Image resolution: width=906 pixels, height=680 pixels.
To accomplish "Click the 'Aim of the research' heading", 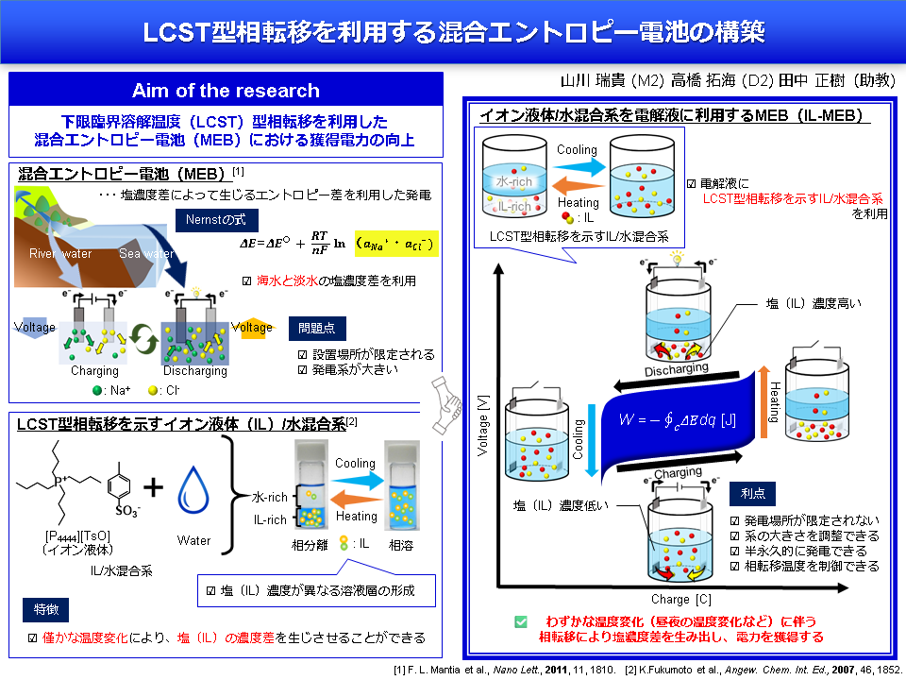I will tap(226, 91).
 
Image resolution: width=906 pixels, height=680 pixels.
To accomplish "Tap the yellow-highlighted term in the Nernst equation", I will tap(394, 244).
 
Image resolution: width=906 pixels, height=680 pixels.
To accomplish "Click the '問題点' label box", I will tap(316, 328).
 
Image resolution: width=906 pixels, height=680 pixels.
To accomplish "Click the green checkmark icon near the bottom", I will tap(520, 621).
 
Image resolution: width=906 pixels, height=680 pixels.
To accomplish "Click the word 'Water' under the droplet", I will tap(193, 540).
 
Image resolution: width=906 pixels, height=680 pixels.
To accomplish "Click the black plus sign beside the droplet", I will tap(153, 486).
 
